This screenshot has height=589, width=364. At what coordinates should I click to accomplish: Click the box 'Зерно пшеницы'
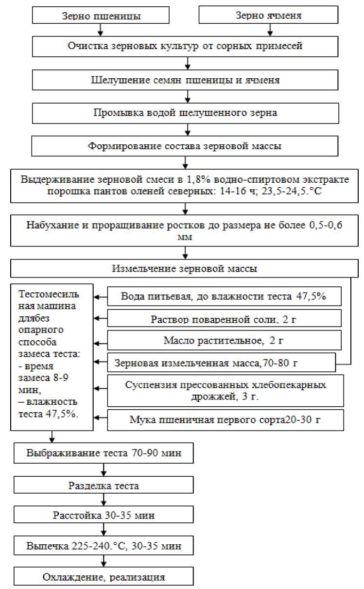[101, 16]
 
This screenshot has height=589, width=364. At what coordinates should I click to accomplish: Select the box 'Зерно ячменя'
[269, 16]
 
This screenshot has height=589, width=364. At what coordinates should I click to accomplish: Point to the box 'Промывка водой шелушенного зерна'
[185, 113]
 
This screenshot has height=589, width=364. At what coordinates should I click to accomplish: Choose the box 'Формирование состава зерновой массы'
[185, 145]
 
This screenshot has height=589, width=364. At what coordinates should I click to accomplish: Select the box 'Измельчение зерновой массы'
[185, 268]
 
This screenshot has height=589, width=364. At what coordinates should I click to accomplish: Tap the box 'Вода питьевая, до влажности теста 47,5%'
[224, 296]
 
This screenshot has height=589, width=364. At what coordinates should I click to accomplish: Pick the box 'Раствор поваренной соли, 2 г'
[224, 319]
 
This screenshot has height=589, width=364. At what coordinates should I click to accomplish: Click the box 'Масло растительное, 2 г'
[224, 340]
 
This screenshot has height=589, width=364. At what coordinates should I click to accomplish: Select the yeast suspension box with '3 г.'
[224, 390]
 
